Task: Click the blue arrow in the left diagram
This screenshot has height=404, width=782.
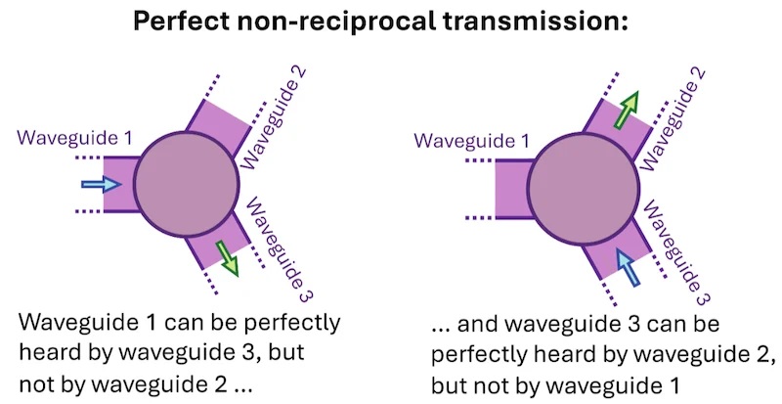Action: [x=102, y=185]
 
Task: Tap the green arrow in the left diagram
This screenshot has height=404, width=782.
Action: [x=227, y=258]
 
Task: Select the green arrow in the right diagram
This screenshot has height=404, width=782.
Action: [x=626, y=110]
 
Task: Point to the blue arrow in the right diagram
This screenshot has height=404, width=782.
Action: [x=628, y=268]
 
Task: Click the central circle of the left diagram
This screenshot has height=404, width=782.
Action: [x=187, y=184]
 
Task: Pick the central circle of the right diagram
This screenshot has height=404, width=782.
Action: [x=583, y=189]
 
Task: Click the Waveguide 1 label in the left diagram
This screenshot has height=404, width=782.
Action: [x=75, y=137]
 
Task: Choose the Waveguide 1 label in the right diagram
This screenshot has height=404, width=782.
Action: [x=471, y=140]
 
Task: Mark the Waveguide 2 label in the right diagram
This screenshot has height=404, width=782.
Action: [x=673, y=119]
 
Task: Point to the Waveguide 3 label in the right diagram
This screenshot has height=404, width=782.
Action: [x=676, y=252]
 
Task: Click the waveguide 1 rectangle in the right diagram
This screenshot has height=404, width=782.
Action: [x=514, y=189]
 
